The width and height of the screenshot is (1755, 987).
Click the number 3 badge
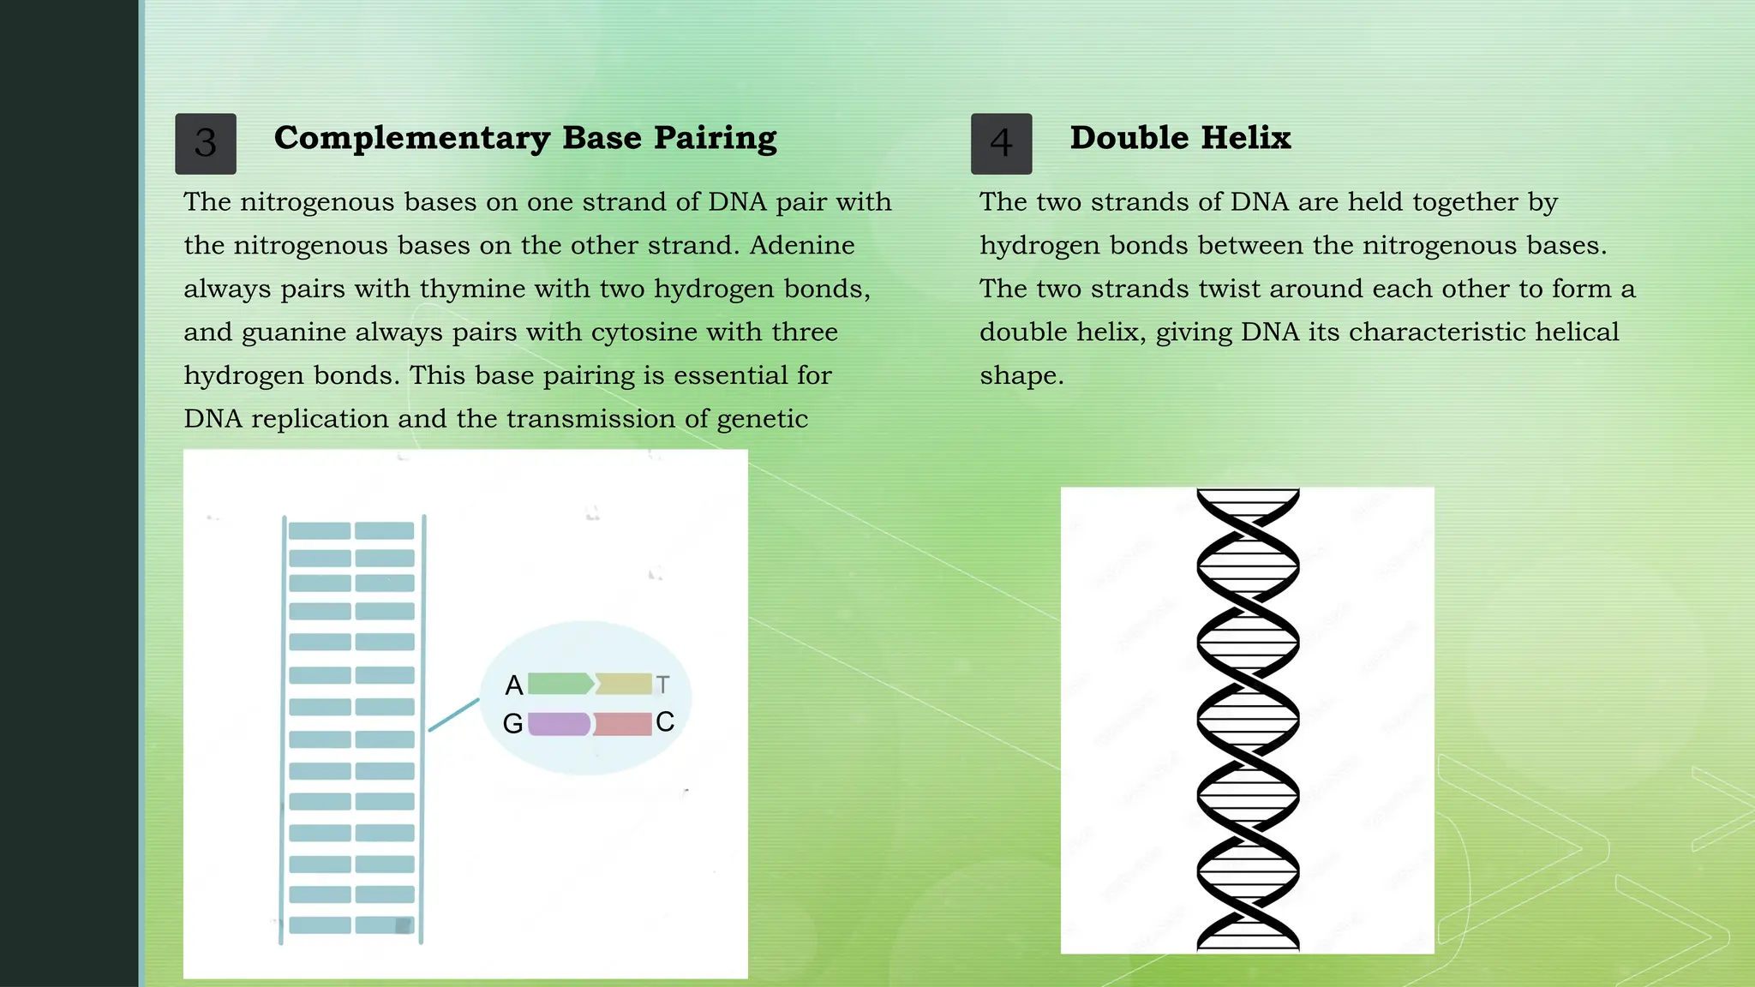click(x=206, y=143)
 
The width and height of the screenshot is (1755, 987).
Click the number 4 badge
click(x=1001, y=143)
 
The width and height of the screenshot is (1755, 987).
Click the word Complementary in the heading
click(x=412, y=138)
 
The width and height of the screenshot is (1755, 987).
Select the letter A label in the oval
click(x=514, y=685)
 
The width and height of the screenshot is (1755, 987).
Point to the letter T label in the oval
click(x=662, y=685)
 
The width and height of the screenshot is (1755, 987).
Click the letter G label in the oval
click(x=512, y=724)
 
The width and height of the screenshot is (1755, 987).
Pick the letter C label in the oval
click(x=665, y=722)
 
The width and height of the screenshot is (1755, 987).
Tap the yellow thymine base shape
click(x=625, y=684)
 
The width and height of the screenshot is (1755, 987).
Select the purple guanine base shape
click(x=559, y=724)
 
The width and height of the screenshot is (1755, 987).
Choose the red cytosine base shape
click(x=623, y=724)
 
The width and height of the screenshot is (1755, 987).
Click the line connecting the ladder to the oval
click(x=453, y=715)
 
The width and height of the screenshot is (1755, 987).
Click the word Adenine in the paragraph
click(x=802, y=246)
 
